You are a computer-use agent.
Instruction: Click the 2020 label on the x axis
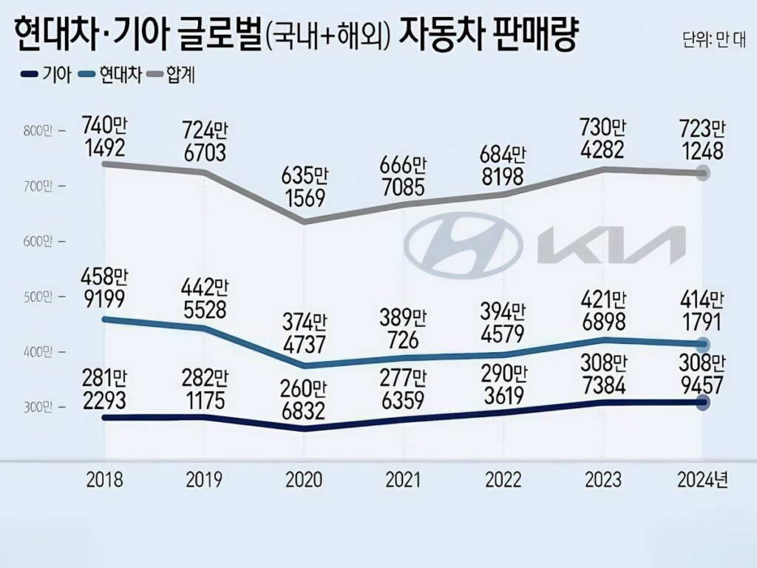pyautogui.click(x=303, y=480)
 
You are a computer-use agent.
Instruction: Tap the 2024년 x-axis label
pyautogui.click(x=703, y=480)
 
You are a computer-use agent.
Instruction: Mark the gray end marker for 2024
pyautogui.click(x=703, y=173)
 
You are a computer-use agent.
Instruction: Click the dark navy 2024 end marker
pyautogui.click(x=703, y=402)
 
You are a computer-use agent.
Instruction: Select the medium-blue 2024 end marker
pyautogui.click(x=703, y=344)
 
